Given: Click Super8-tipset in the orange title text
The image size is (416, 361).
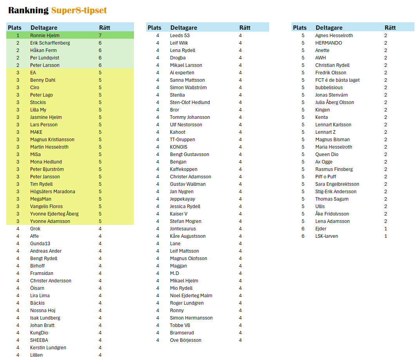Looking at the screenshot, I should click(79, 11).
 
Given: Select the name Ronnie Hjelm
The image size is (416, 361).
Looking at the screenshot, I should click(45, 36).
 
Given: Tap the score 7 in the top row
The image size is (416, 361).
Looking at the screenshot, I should click(100, 36).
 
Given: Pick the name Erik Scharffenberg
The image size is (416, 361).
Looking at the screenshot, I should click(50, 43).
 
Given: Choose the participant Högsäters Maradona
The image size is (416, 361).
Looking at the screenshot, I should click(52, 192).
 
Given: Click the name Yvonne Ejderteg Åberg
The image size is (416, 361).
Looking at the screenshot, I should click(54, 214).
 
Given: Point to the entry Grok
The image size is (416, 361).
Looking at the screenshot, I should click(35, 229).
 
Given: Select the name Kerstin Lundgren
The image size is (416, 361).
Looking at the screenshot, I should click(48, 348).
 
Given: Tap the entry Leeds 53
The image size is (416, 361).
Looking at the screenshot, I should click(180, 36).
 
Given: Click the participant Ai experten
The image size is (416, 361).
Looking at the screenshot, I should click(182, 73).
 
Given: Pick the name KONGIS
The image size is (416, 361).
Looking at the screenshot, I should click(179, 147).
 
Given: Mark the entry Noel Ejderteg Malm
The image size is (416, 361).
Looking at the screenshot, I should click(191, 296).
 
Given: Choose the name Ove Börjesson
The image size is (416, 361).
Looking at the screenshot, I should click(186, 340).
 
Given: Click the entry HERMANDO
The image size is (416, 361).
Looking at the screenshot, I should click(329, 43).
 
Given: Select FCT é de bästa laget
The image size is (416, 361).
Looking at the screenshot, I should click(337, 80).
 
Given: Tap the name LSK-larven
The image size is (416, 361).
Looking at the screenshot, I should click(327, 236).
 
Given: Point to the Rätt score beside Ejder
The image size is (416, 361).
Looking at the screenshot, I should click(386, 229).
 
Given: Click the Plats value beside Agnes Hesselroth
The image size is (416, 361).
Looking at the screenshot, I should click(303, 36).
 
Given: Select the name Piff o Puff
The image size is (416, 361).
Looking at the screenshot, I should click(326, 177).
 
